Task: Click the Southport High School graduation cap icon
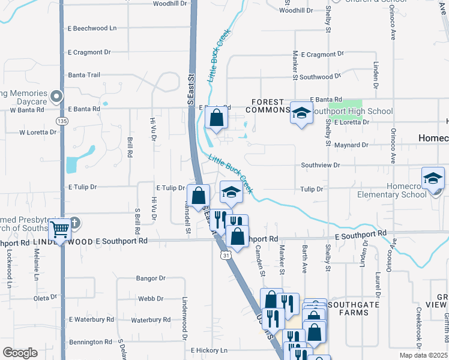(x=301, y=112)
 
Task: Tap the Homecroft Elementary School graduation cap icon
(x=433, y=178)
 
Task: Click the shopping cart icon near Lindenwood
(x=59, y=229)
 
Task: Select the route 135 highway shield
(x=62, y=121)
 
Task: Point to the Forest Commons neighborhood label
(x=270, y=106)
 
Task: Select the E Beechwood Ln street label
(x=92, y=28)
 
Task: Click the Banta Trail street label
(x=84, y=75)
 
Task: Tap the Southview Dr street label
(x=320, y=164)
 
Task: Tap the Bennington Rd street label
(x=90, y=342)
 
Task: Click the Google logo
(x=20, y=352)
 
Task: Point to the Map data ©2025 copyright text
(x=423, y=355)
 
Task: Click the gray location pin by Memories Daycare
(x=56, y=96)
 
